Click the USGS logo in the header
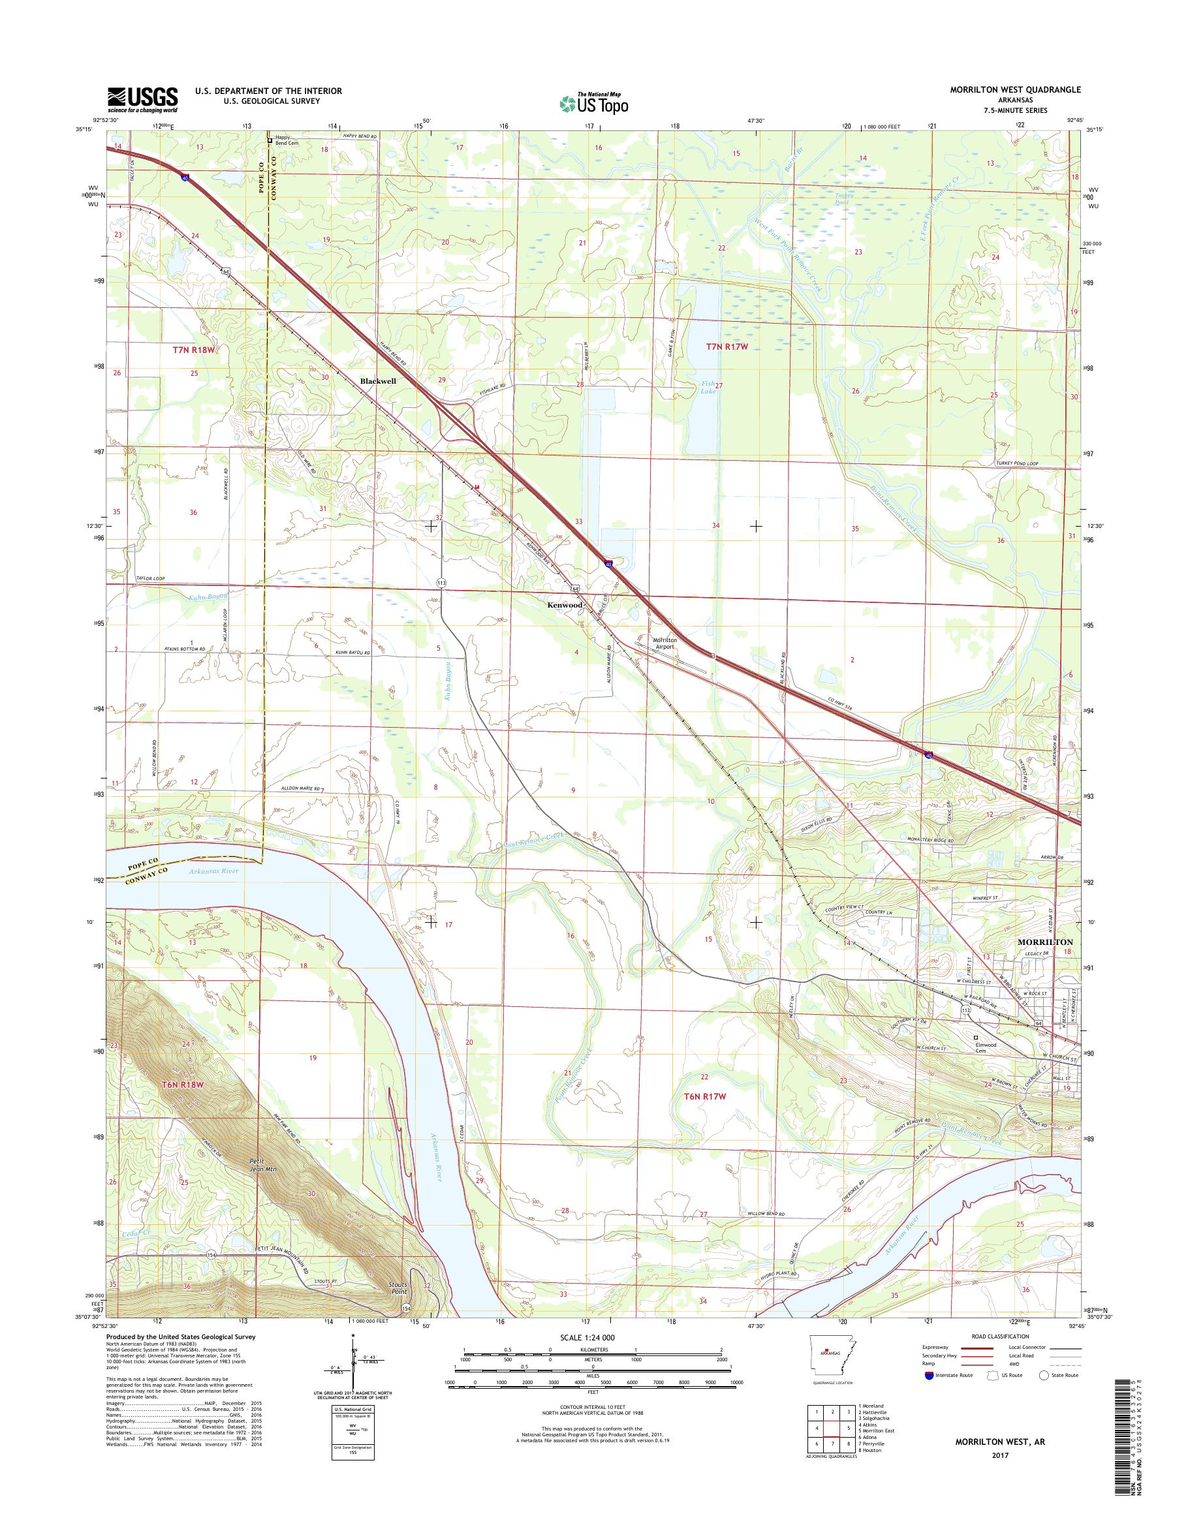[142, 100]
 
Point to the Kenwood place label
[564, 606]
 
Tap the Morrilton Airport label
[664, 643]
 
